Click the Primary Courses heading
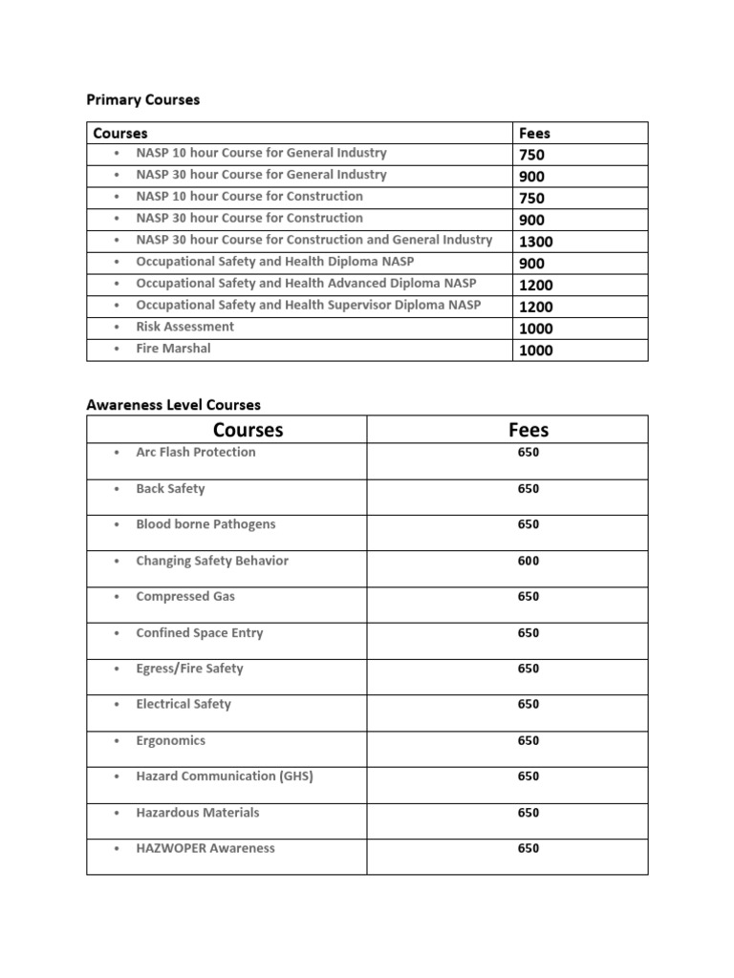click(x=143, y=100)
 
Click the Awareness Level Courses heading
click(x=173, y=405)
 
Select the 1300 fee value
click(x=535, y=242)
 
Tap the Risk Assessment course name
click(x=184, y=327)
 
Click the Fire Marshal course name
click(x=173, y=349)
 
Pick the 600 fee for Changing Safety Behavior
click(x=529, y=561)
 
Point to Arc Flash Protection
click(x=196, y=453)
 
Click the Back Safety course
click(x=170, y=489)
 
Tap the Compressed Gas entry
click(x=185, y=597)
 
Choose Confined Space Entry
click(x=199, y=632)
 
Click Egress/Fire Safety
click(x=189, y=669)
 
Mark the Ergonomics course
click(x=170, y=740)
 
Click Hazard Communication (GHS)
click(x=225, y=776)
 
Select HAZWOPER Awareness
click(x=205, y=848)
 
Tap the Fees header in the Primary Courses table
click(x=534, y=134)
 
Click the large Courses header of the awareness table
click(x=248, y=431)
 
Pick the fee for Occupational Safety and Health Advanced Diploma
click(x=535, y=285)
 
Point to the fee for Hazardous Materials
click(x=529, y=813)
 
